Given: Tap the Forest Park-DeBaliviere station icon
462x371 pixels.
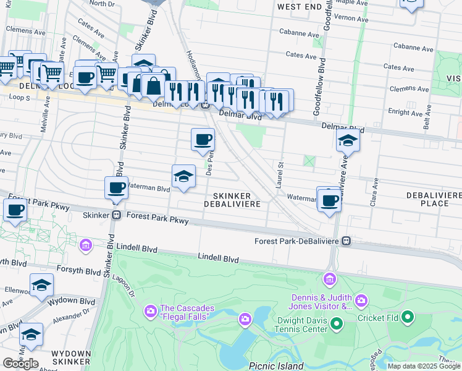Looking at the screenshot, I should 347,241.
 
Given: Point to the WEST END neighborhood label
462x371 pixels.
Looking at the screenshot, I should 300,7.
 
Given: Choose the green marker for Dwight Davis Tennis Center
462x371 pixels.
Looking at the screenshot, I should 337,323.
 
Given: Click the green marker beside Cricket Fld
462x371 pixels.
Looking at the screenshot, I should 407,318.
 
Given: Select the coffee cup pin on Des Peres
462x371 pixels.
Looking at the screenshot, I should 203,140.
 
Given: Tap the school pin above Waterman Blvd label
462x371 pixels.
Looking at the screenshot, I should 183,177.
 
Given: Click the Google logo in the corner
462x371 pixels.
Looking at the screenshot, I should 20,364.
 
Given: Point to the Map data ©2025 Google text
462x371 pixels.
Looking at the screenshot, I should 424,366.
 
